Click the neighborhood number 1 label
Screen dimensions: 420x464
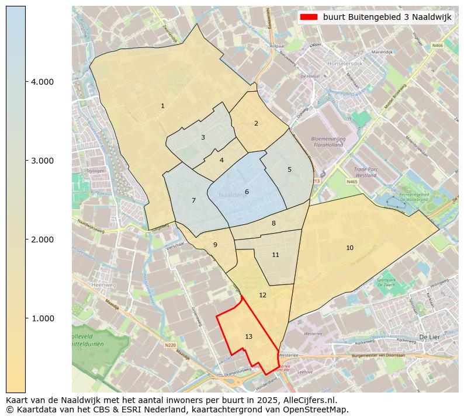[162, 106]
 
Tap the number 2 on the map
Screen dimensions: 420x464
[256, 123]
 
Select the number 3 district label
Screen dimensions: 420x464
[203, 138]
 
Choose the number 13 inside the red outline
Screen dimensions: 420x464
[249, 336]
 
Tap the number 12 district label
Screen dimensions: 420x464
[262, 295]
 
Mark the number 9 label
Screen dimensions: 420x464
[215, 245]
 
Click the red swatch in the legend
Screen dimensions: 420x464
[309, 17]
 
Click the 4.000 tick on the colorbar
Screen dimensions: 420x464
[41, 82]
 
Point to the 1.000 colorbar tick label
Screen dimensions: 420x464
[41, 318]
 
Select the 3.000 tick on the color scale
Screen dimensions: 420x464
[41, 161]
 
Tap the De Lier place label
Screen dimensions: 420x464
[429, 337]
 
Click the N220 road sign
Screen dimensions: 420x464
[170, 345]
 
